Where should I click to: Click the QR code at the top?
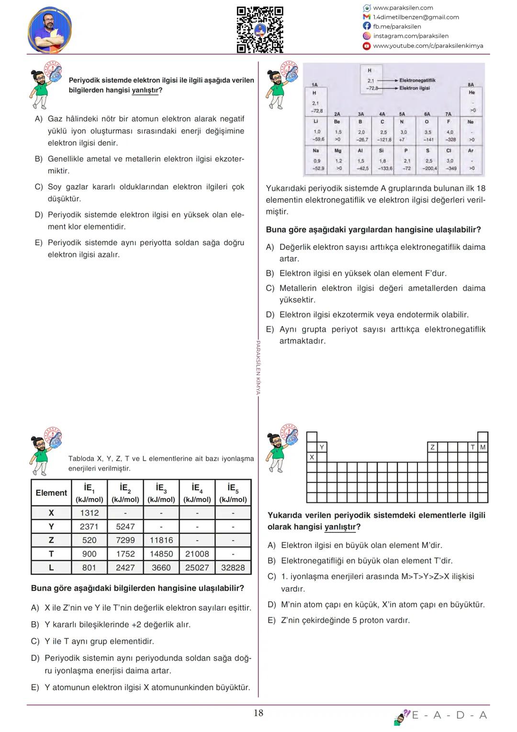(x=260, y=29)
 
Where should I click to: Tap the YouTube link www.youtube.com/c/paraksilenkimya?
(x=428, y=46)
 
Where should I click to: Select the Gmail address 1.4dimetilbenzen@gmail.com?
(x=416, y=17)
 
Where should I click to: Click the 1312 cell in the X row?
(x=90, y=513)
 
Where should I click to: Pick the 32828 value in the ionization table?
(x=233, y=568)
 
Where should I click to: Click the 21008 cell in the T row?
(x=197, y=554)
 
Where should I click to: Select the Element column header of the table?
(x=51, y=493)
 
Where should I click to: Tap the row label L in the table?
(x=51, y=568)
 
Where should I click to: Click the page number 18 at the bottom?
(x=258, y=713)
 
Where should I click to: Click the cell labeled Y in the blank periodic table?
(x=322, y=447)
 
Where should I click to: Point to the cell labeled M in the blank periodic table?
(x=483, y=447)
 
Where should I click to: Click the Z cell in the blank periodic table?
(x=432, y=447)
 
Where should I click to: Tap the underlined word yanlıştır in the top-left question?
(x=145, y=91)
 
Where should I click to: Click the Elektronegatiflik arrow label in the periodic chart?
(x=417, y=81)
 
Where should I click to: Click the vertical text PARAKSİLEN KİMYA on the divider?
(x=258, y=367)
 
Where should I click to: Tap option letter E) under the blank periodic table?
(x=271, y=620)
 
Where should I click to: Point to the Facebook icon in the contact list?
(x=367, y=26)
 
